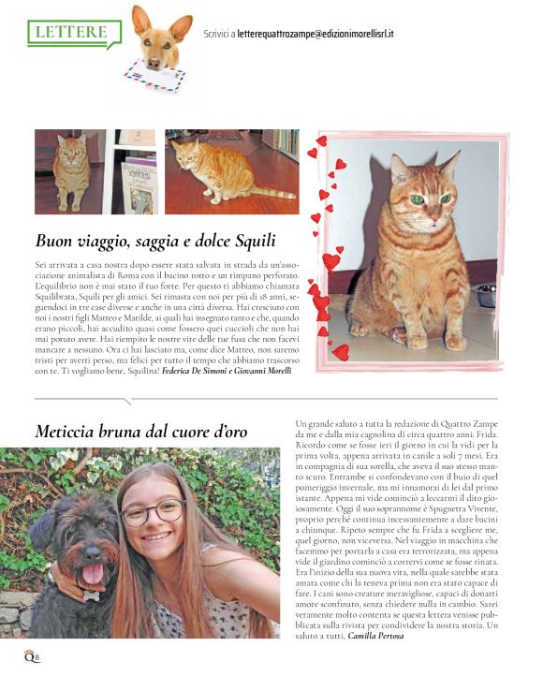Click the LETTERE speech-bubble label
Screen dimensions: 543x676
point(72,33)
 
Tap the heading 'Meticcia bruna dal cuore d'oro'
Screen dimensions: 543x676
point(140,432)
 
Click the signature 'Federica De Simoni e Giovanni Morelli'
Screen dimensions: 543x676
point(227,371)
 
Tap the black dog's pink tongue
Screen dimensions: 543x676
point(94,573)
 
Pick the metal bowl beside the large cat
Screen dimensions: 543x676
point(486,297)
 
